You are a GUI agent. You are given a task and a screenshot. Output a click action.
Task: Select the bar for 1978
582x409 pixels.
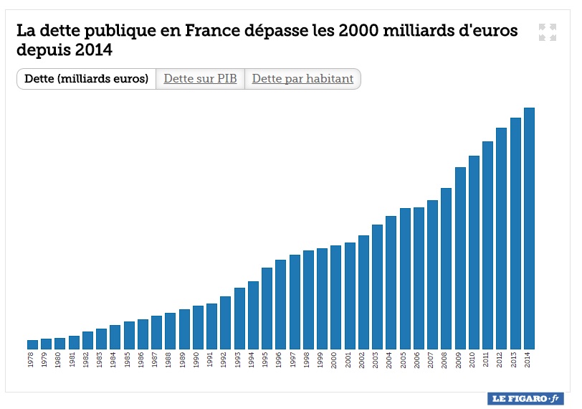click(32, 344)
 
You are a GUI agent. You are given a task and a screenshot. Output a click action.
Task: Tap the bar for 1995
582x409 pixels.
click(267, 309)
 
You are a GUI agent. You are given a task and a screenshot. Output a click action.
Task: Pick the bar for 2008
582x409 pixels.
click(446, 268)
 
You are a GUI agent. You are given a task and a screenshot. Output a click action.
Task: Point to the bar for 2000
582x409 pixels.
click(335, 297)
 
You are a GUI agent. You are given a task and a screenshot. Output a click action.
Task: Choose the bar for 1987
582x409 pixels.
click(156, 332)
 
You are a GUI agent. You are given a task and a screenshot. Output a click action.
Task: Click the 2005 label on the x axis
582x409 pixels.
click(405, 359)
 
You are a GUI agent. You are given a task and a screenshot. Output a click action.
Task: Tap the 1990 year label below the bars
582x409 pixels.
click(198, 359)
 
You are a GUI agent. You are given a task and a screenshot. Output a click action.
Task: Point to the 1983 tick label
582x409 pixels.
click(101, 359)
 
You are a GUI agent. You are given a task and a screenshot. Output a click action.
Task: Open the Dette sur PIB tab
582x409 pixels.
click(200, 79)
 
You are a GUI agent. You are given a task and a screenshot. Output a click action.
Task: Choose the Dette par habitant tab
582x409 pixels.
click(302, 79)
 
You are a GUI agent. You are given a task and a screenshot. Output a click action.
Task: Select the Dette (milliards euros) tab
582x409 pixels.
click(86, 79)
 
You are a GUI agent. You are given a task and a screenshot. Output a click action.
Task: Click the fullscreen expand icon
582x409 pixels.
click(548, 32)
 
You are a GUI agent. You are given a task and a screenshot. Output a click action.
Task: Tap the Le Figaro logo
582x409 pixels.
click(525, 398)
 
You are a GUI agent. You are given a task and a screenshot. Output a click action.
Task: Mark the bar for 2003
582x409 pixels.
click(377, 287)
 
